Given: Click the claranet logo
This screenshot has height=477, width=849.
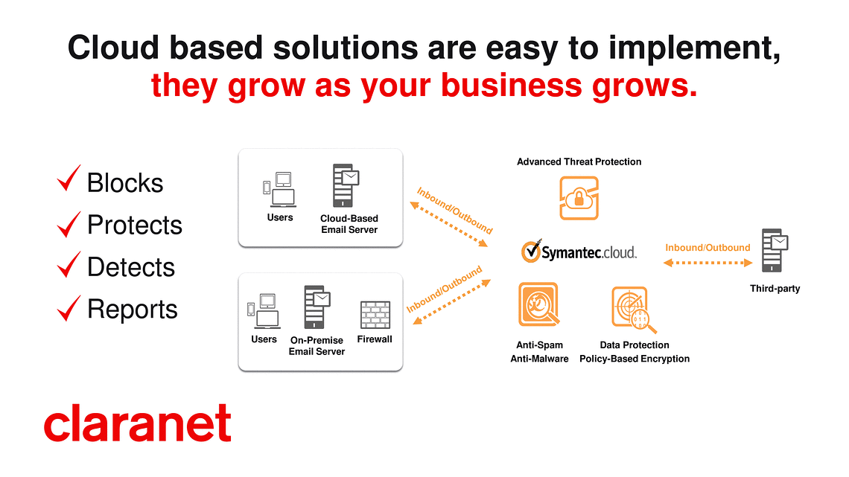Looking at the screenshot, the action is (x=138, y=423).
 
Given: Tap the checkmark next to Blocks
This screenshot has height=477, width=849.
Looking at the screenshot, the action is (x=69, y=179).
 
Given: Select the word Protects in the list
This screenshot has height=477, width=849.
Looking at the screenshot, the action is (x=135, y=225).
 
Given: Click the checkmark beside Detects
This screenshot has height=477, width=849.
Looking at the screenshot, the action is (x=69, y=264).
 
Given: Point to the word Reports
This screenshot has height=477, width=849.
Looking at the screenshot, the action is (x=133, y=310).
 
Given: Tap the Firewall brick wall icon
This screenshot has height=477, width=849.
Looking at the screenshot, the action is (x=375, y=315).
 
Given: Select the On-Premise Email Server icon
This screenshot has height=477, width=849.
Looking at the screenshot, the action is (x=317, y=307).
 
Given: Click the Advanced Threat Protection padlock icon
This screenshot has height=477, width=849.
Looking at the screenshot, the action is (x=579, y=198).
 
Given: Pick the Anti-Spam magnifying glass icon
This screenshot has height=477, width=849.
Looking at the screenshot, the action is (x=538, y=304).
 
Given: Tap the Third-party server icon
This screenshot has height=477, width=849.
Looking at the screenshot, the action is (x=775, y=250).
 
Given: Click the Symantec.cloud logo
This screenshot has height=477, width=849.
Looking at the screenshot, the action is (x=579, y=252).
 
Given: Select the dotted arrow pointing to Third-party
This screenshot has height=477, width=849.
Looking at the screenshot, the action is (x=707, y=263).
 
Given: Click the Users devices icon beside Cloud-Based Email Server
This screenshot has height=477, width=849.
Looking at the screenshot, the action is (x=279, y=189).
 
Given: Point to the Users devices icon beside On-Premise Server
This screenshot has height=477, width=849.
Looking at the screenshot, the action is (x=264, y=311).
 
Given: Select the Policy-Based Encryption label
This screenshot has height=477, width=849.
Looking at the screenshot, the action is (x=635, y=359).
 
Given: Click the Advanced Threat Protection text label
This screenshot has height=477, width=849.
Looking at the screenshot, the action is (x=579, y=161).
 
